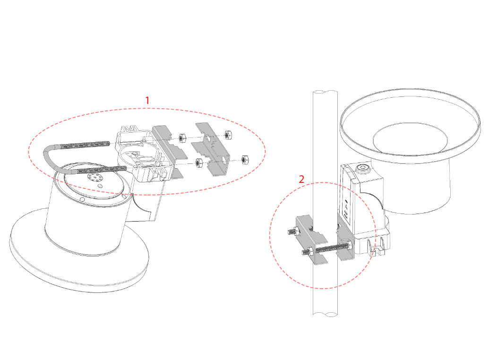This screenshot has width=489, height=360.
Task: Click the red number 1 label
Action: click(147, 101)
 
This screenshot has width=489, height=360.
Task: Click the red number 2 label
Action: click(301, 180)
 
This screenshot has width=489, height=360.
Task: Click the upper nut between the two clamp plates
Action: click(182, 137)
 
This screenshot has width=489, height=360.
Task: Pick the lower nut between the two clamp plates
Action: click(198, 162)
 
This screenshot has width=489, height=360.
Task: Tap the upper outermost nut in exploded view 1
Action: click(228, 135)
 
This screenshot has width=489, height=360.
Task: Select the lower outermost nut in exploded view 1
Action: click(245, 159)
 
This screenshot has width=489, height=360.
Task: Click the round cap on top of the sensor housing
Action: click(363, 169)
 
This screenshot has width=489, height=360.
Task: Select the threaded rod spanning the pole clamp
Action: click(332, 248)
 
